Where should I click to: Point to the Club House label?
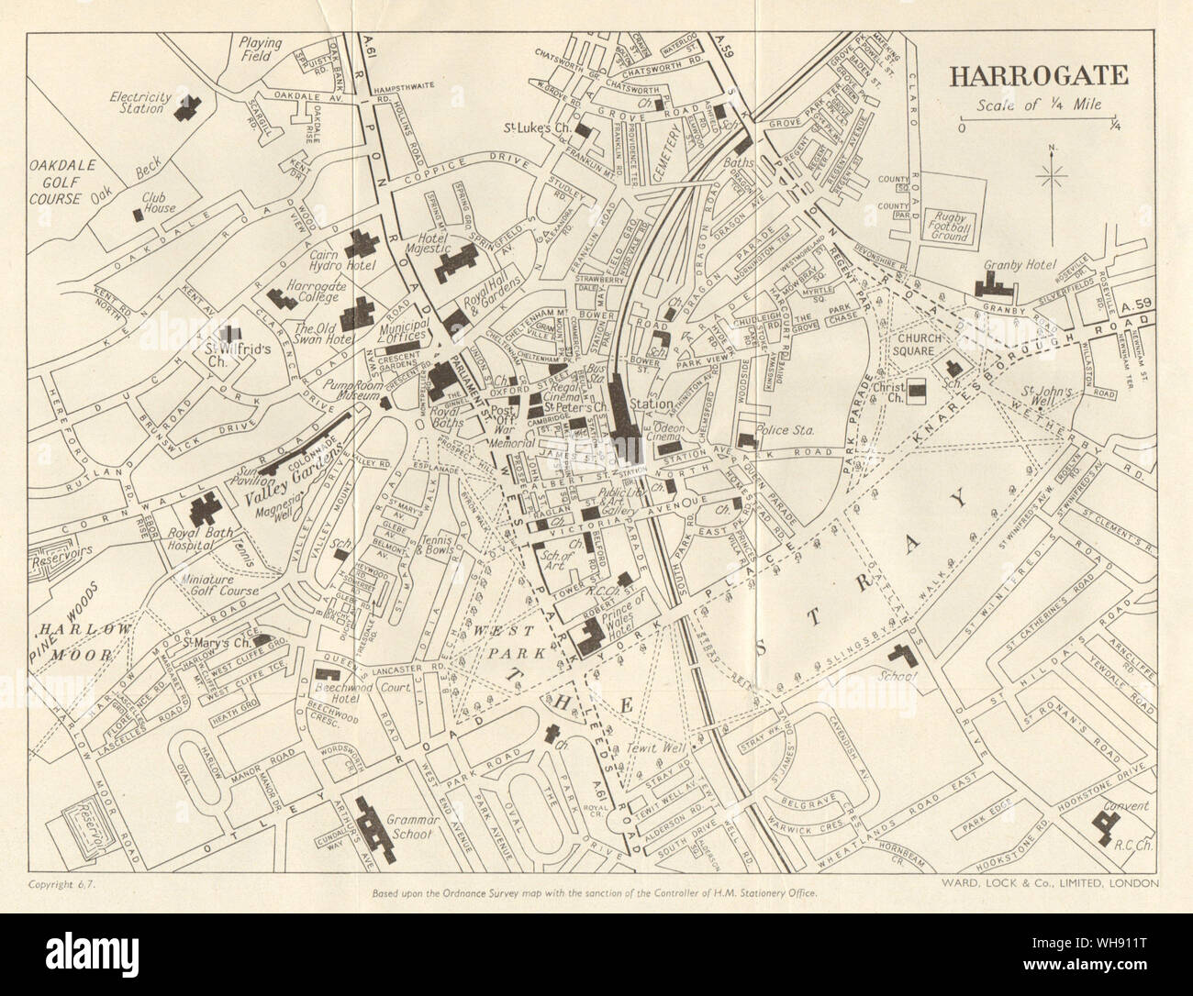[x=133, y=203]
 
